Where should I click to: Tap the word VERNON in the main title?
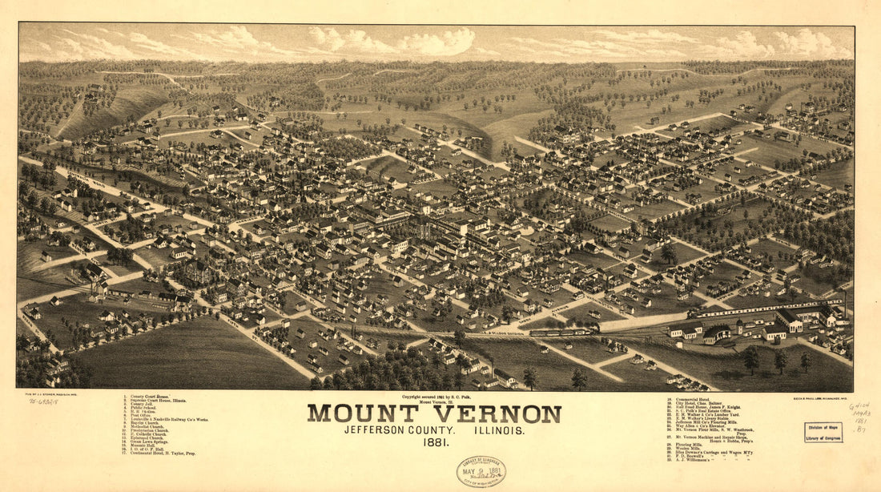(497, 413)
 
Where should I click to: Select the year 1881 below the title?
(435, 442)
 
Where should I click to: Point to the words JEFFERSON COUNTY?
(394, 430)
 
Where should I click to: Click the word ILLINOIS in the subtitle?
(497, 430)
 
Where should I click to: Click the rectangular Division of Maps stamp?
(823, 432)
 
